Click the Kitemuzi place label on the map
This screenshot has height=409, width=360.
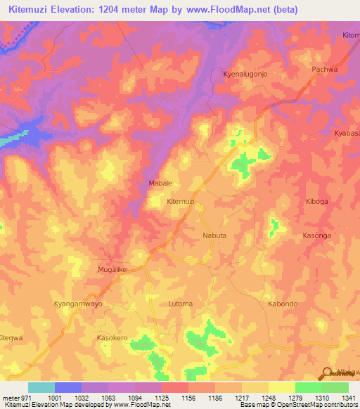pos(181,202)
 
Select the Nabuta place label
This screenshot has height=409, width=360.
pos(214,235)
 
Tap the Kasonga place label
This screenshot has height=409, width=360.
pos(316,235)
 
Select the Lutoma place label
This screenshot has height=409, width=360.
pos(181,304)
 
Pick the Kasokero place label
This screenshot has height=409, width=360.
pos(112,338)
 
